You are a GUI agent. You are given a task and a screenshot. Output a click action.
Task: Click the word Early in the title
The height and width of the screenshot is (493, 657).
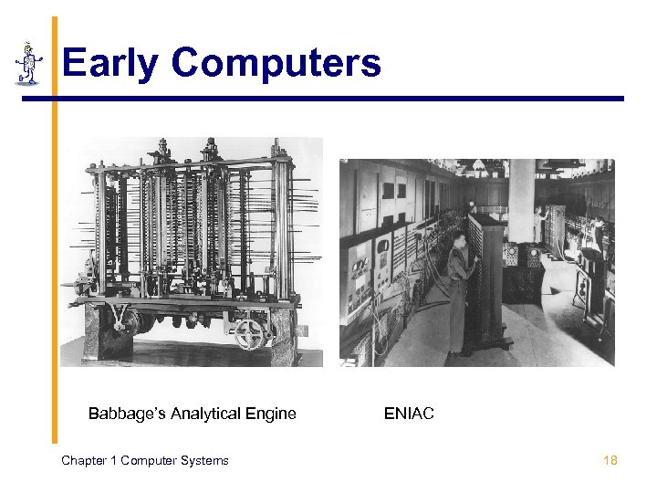click(109, 64)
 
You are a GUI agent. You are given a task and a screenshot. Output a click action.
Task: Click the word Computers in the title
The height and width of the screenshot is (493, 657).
click(276, 64)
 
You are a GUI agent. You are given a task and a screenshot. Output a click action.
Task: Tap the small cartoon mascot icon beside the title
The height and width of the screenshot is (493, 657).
click(29, 63)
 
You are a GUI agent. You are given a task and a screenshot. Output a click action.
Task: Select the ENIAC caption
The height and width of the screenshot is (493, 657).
click(409, 414)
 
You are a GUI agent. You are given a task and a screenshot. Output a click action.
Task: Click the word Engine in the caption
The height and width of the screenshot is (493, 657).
click(271, 414)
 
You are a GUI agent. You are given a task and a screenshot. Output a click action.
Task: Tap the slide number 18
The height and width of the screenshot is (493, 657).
click(610, 460)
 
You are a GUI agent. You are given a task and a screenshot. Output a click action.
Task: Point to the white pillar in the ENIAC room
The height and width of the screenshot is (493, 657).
click(521, 201)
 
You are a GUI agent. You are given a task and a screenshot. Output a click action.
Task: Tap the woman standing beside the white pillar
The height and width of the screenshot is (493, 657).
click(544, 224)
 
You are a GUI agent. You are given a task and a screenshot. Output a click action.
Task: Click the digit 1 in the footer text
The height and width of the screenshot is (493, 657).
click(115, 460)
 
